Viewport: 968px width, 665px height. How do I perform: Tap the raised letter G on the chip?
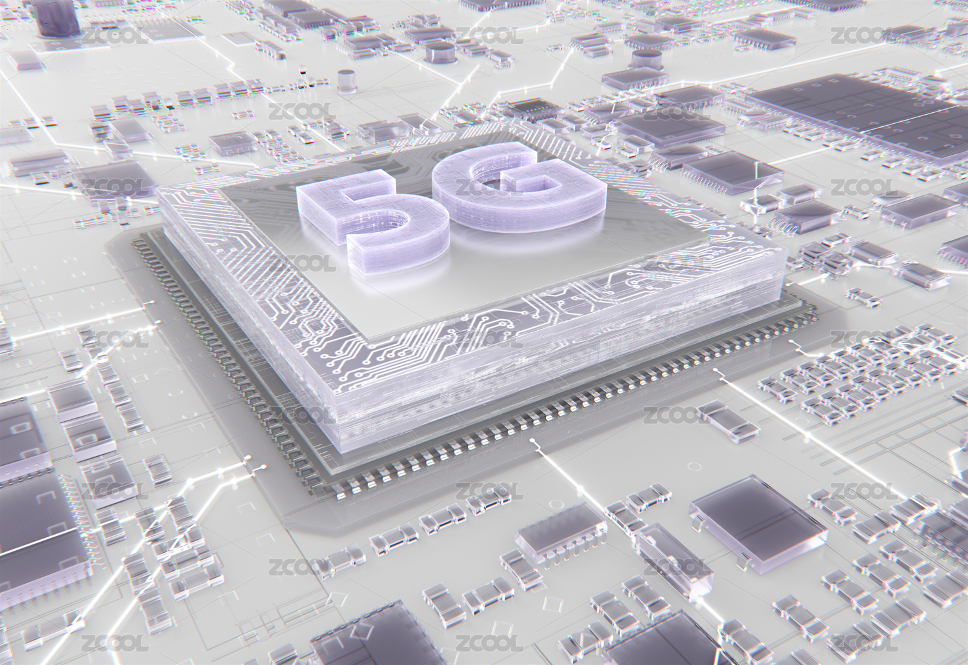[x=519, y=186]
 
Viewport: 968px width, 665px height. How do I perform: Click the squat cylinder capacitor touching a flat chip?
[x=647, y=61]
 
